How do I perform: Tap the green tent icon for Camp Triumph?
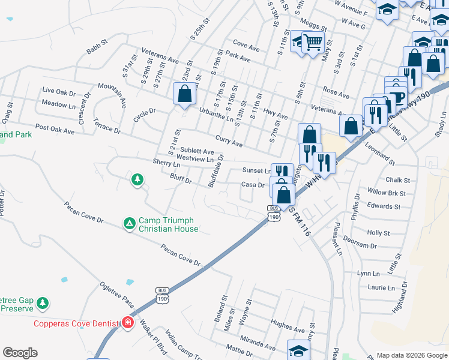pos(128,224)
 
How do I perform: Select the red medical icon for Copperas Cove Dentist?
pos(127,323)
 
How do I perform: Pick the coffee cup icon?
pos(396,97)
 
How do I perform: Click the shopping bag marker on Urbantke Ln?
pos(184,94)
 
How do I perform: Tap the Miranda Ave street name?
pos(259,341)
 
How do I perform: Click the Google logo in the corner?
pos(20,353)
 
